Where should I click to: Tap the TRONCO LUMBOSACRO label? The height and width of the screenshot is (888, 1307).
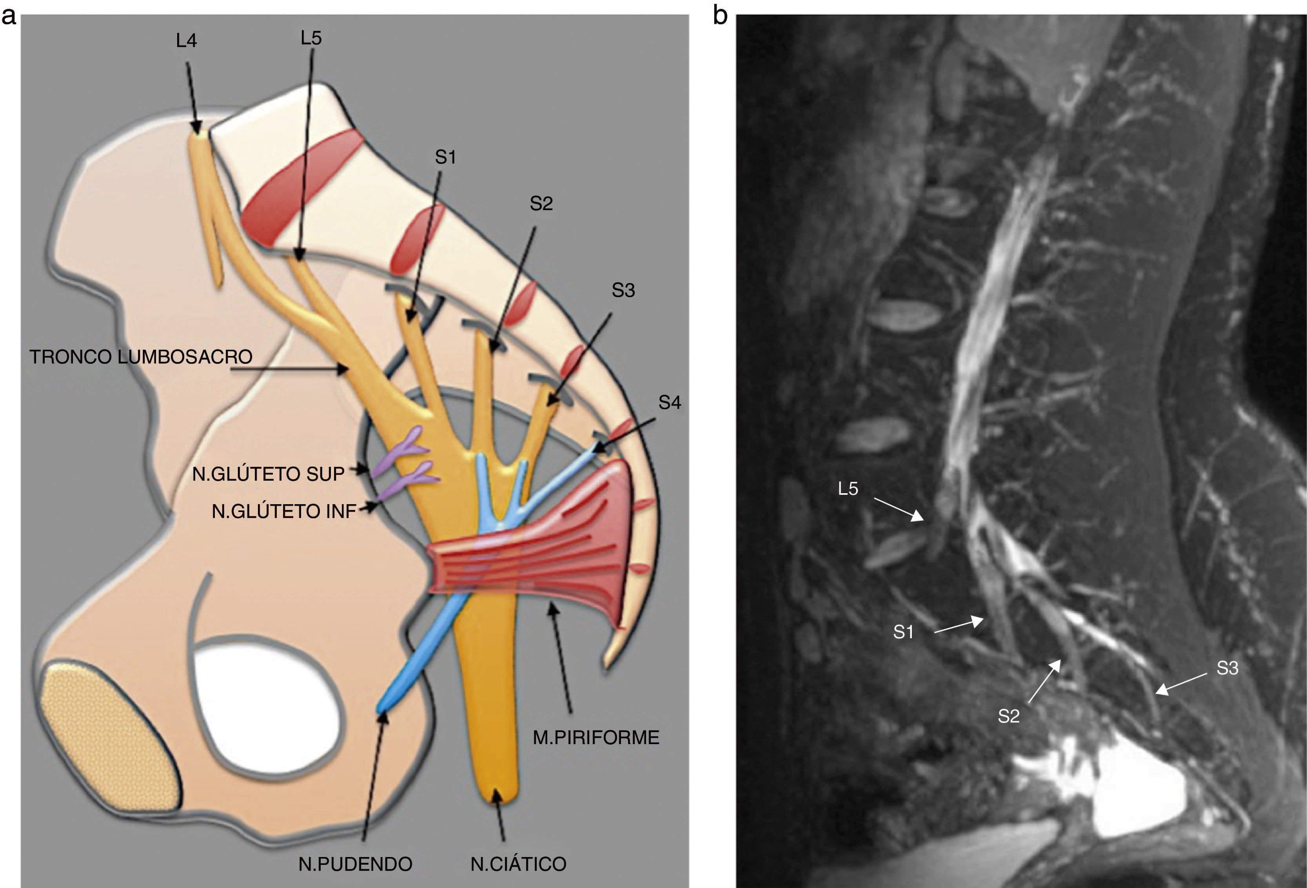coord(141,356)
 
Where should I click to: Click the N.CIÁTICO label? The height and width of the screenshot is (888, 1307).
coord(518,864)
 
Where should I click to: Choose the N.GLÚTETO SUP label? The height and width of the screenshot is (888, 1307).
coord(268,474)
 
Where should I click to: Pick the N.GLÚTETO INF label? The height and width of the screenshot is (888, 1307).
coord(284,511)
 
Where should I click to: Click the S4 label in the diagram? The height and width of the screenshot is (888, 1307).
coord(669,402)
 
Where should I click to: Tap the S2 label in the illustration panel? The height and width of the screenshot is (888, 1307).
coord(541,203)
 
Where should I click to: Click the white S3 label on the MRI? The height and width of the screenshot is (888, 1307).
coord(1227,668)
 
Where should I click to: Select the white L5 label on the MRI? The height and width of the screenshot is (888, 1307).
coord(848,489)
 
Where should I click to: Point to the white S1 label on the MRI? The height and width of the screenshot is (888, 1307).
coord(903,632)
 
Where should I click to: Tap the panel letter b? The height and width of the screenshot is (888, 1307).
coord(720,16)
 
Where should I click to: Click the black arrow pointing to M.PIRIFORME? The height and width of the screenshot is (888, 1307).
coord(563,658)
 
